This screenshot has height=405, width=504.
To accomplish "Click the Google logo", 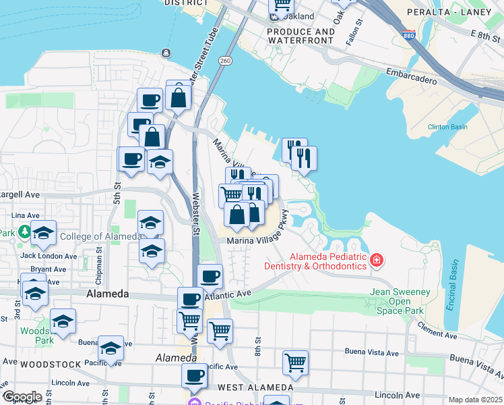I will pyautogui.click(x=22, y=397).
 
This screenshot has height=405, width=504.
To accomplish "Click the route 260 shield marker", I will pyautogui.click(x=224, y=61).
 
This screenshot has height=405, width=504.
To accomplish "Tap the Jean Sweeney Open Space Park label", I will pyautogui.click(x=398, y=301).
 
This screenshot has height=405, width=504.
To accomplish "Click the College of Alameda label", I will pyautogui.click(x=100, y=236).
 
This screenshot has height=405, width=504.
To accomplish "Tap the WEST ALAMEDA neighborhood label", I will pyautogui.click(x=255, y=387).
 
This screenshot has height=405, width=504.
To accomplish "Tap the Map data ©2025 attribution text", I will pyautogui.click(x=475, y=400).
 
